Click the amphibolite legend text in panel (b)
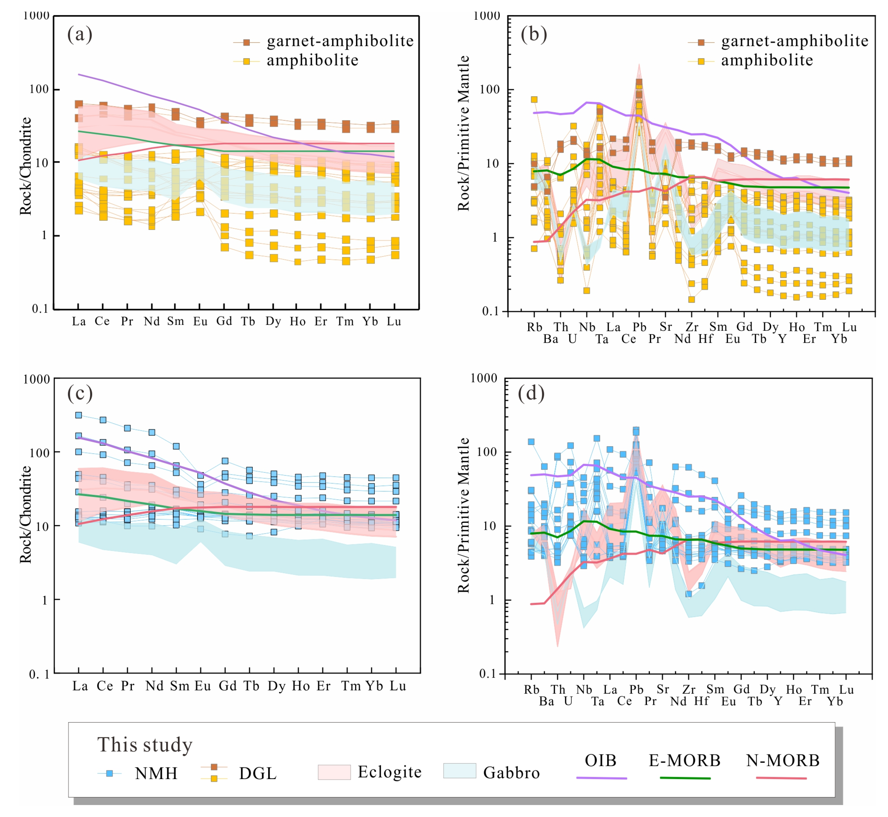point(767,60)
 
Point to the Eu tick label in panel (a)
point(200,322)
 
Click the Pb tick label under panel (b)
point(639,327)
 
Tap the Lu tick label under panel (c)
point(397,686)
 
